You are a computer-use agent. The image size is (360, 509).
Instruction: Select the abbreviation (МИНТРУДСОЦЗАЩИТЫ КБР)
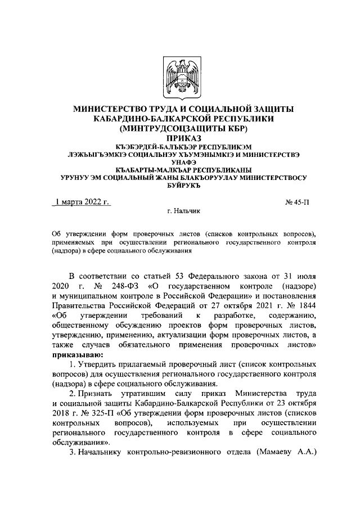(x=180, y=128)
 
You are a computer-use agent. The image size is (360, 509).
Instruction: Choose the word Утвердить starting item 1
(x=98, y=364)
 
